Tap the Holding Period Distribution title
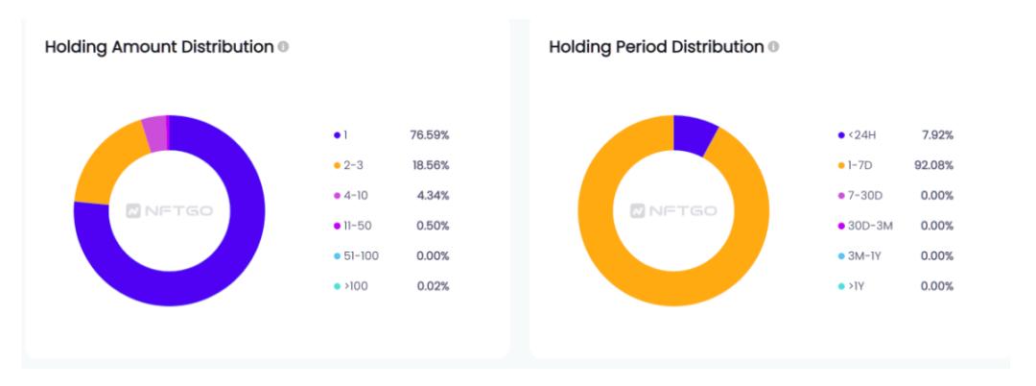click(656, 48)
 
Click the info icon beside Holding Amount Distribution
click(283, 49)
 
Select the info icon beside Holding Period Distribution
click(774, 48)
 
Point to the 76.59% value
click(430, 135)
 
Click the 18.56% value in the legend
click(430, 165)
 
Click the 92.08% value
click(932, 165)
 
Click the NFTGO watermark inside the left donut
click(170, 210)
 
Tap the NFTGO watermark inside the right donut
click(673, 210)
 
